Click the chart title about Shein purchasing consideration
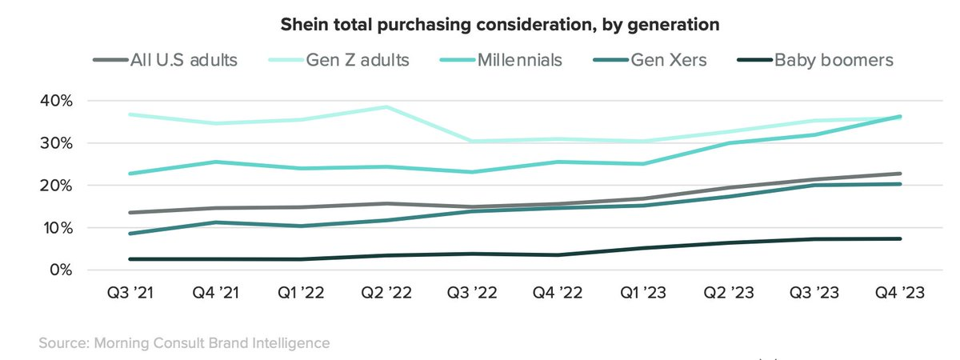499,25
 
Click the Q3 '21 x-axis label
130,293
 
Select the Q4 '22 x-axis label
558,293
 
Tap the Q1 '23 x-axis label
643,293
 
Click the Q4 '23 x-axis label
900,293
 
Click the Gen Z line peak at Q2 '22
387,106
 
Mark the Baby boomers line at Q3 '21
130,259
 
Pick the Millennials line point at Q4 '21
216,162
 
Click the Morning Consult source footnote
183,343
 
